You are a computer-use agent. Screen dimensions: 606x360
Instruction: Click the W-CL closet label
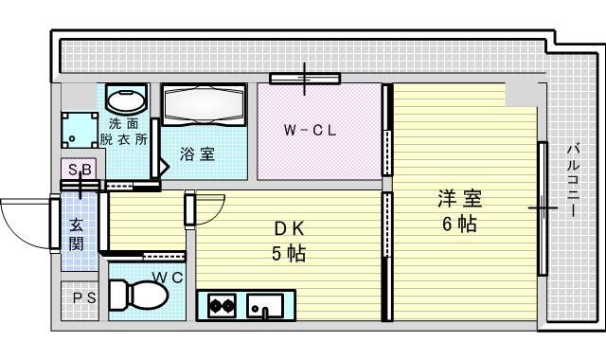[x=310, y=131]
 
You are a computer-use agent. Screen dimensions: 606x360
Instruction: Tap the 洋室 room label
[x=459, y=200]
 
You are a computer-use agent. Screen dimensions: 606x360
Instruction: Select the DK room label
[x=289, y=229]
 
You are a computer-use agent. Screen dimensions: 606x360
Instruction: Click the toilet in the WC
[x=138, y=295]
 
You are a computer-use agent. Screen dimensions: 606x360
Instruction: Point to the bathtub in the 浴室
[x=204, y=104]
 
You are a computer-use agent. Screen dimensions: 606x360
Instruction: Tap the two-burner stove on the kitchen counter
[x=222, y=305]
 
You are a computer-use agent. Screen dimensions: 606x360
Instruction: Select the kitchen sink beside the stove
[x=265, y=305]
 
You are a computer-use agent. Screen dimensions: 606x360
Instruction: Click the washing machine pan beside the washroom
[x=80, y=131]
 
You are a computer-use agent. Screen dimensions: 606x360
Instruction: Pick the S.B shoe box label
[x=80, y=170]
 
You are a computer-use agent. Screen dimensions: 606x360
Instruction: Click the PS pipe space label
[x=84, y=298]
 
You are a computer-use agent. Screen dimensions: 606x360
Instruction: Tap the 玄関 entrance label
[x=76, y=234]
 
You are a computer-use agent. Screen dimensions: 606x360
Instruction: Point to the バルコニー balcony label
[x=574, y=180]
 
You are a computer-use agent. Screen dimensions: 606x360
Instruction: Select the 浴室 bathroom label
[x=197, y=154]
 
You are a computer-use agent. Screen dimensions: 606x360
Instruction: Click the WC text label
[x=168, y=278]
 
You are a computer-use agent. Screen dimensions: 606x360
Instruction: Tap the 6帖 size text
[x=459, y=224]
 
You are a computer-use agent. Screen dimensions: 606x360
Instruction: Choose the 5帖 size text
[x=289, y=254]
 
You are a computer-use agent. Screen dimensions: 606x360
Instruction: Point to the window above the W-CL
[x=305, y=79]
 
